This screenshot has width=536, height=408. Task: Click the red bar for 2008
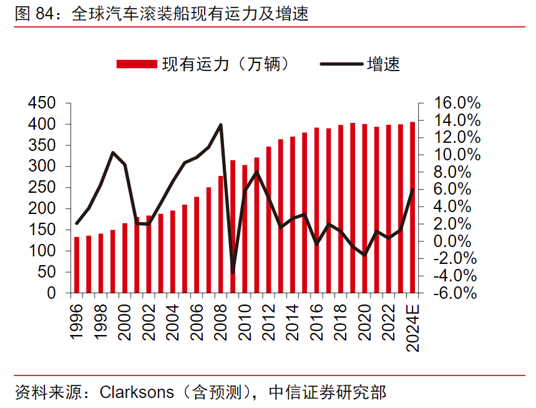[221, 234]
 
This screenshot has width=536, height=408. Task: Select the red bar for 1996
[77, 265]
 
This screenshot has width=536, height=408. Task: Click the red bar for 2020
[364, 208]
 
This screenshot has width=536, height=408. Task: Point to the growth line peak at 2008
[221, 125]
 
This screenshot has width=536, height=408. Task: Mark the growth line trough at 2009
[233, 273]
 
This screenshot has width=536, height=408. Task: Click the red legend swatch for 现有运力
[137, 64]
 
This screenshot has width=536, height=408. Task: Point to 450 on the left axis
[42, 104]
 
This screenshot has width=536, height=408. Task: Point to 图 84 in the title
[32, 14]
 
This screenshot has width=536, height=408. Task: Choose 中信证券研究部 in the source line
[328, 393]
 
